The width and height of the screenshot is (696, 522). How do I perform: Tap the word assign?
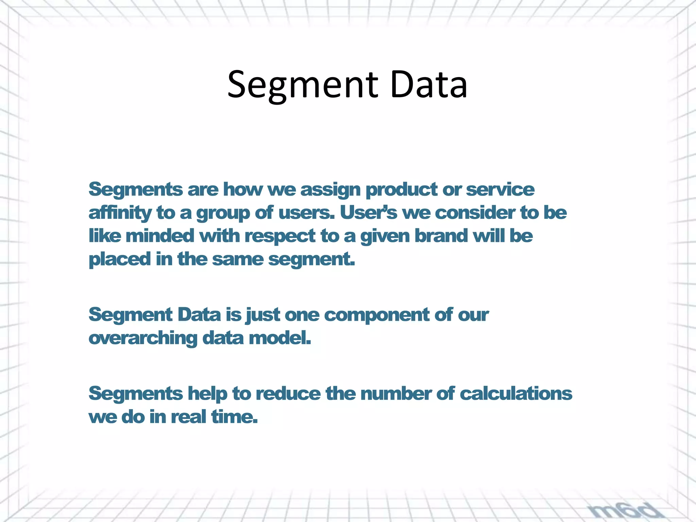(x=330, y=190)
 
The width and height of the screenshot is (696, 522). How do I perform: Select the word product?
(x=401, y=190)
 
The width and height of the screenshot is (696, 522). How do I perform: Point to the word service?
(x=500, y=189)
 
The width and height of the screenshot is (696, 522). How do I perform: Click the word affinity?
(x=120, y=213)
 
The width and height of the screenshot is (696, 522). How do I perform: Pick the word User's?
(x=368, y=213)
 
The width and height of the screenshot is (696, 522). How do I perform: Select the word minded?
(x=160, y=236)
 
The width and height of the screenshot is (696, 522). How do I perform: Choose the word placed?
(x=120, y=259)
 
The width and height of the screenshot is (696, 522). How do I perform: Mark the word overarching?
(x=143, y=339)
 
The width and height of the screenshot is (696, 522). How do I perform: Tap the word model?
(x=280, y=338)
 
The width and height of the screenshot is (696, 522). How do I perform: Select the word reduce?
(x=288, y=394)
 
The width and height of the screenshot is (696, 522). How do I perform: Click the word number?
(x=396, y=394)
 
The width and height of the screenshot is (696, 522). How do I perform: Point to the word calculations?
(x=516, y=394)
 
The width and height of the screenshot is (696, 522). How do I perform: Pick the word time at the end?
(x=234, y=417)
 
